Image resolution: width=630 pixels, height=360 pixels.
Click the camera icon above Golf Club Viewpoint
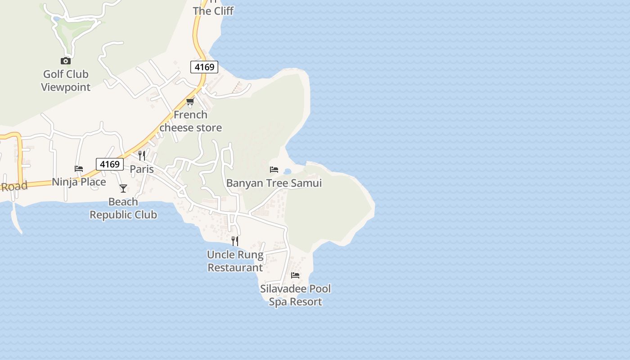click(x=66, y=61)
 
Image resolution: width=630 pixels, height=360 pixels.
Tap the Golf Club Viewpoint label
click(x=66, y=81)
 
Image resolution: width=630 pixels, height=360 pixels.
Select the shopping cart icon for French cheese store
click(x=190, y=102)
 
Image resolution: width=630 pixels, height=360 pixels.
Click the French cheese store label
click(x=191, y=121)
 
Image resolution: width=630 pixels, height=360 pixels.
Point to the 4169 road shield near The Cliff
click(x=204, y=67)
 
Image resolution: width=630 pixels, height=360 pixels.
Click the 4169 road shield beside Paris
click(x=110, y=164)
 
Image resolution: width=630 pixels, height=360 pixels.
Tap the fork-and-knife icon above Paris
click(x=142, y=156)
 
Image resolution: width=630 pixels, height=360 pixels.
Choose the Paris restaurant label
click(x=142, y=169)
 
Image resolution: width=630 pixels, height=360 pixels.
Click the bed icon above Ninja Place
click(x=79, y=169)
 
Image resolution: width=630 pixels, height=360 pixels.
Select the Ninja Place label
click(x=79, y=182)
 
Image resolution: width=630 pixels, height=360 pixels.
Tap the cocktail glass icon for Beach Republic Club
click(x=123, y=189)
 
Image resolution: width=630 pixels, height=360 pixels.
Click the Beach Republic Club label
click(x=123, y=208)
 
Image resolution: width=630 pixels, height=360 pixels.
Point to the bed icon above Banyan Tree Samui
click(x=274, y=170)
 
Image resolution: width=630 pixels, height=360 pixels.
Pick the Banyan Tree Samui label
click(x=274, y=183)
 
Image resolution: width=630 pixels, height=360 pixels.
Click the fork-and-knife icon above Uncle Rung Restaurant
click(x=235, y=241)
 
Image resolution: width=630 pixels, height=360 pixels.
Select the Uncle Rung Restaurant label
click(x=235, y=261)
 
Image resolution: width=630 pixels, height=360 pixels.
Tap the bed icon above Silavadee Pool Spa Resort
click(x=295, y=275)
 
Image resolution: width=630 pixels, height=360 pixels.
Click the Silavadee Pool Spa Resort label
click(x=295, y=295)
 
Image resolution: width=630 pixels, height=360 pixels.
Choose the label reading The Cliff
click(x=213, y=11)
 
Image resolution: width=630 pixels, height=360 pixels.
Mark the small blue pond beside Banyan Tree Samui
click(x=288, y=171)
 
